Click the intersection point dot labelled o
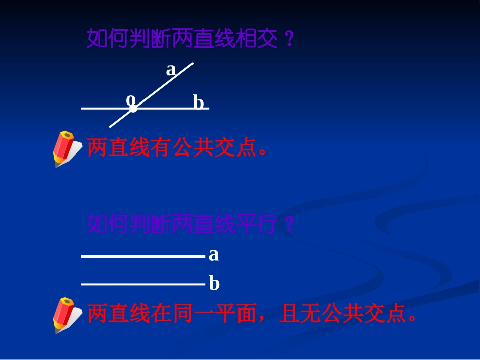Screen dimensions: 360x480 click(133, 108)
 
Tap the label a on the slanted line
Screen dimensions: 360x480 click(171, 70)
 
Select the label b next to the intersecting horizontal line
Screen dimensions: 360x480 click(198, 102)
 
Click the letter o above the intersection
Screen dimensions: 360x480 click(131, 98)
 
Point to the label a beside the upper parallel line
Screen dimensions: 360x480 click(214, 254)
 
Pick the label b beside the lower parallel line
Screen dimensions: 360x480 click(214, 284)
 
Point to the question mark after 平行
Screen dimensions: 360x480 click(289, 224)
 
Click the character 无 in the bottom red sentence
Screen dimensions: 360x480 click(310, 314)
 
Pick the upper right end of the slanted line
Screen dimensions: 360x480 click(192, 64)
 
